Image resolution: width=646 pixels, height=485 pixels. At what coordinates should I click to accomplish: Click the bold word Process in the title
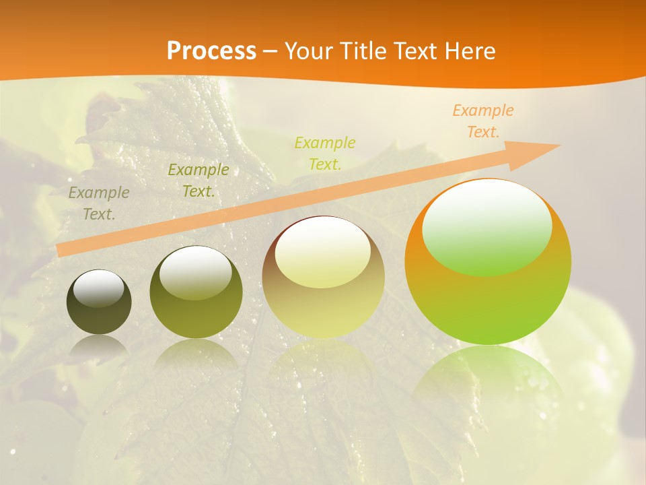[x=211, y=51]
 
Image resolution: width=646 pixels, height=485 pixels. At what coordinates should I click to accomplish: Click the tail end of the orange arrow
[x=61, y=250]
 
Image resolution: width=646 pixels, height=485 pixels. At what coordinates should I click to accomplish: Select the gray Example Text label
[x=99, y=203]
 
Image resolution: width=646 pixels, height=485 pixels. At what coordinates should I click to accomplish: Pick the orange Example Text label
[x=482, y=121]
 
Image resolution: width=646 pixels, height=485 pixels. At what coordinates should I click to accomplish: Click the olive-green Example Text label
[x=199, y=181]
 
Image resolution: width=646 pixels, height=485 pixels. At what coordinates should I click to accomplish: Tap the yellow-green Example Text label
[x=325, y=153]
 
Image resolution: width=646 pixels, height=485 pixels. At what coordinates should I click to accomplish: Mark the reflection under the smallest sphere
[x=99, y=347]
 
